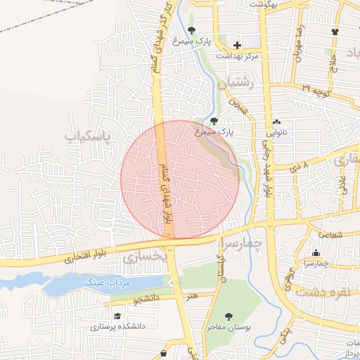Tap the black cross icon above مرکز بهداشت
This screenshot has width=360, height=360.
point(237,45)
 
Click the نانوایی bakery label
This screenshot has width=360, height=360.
point(276,131)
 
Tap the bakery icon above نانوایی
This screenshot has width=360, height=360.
point(276,121)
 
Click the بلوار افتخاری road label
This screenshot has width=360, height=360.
point(82,258)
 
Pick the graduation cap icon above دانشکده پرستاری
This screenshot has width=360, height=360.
point(118,316)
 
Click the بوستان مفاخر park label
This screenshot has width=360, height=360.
point(228,327)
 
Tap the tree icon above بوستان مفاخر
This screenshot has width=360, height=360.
point(228,316)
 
